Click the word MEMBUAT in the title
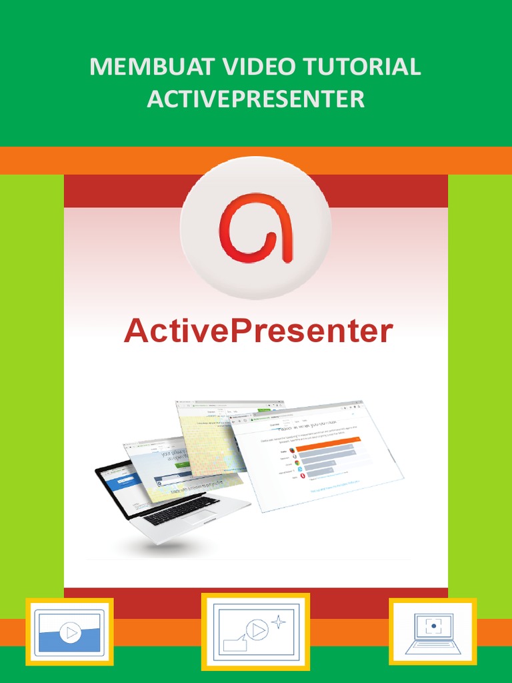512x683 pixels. pyautogui.click(x=138, y=67)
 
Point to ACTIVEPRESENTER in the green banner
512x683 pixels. pyautogui.click(x=256, y=99)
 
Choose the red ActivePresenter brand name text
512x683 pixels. pyautogui.click(x=258, y=331)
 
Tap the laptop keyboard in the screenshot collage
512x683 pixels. pyautogui.click(x=181, y=508)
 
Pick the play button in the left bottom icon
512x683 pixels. pyautogui.click(x=69, y=631)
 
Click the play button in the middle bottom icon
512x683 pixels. pyautogui.click(x=255, y=628)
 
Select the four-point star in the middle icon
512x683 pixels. pyautogui.click(x=279, y=622)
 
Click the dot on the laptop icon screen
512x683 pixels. pyautogui.click(x=433, y=626)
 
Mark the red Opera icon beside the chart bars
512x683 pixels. pyautogui.click(x=303, y=476)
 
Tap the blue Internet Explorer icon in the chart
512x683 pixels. pyautogui.click(x=300, y=468)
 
